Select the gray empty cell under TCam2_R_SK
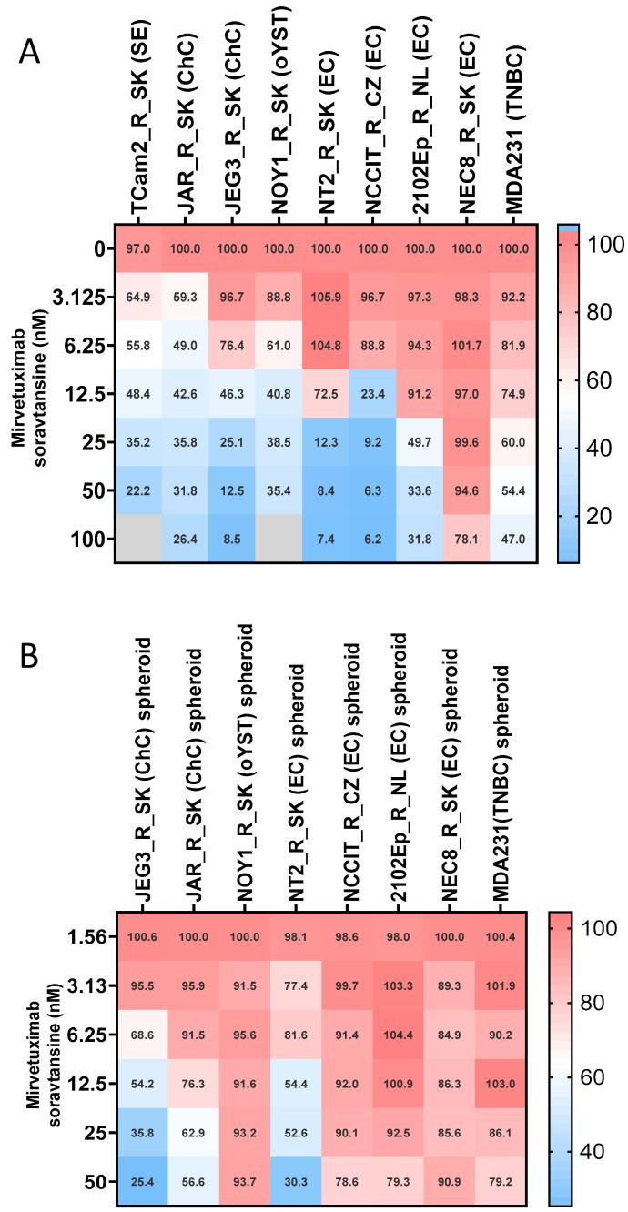click(x=137, y=539)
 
